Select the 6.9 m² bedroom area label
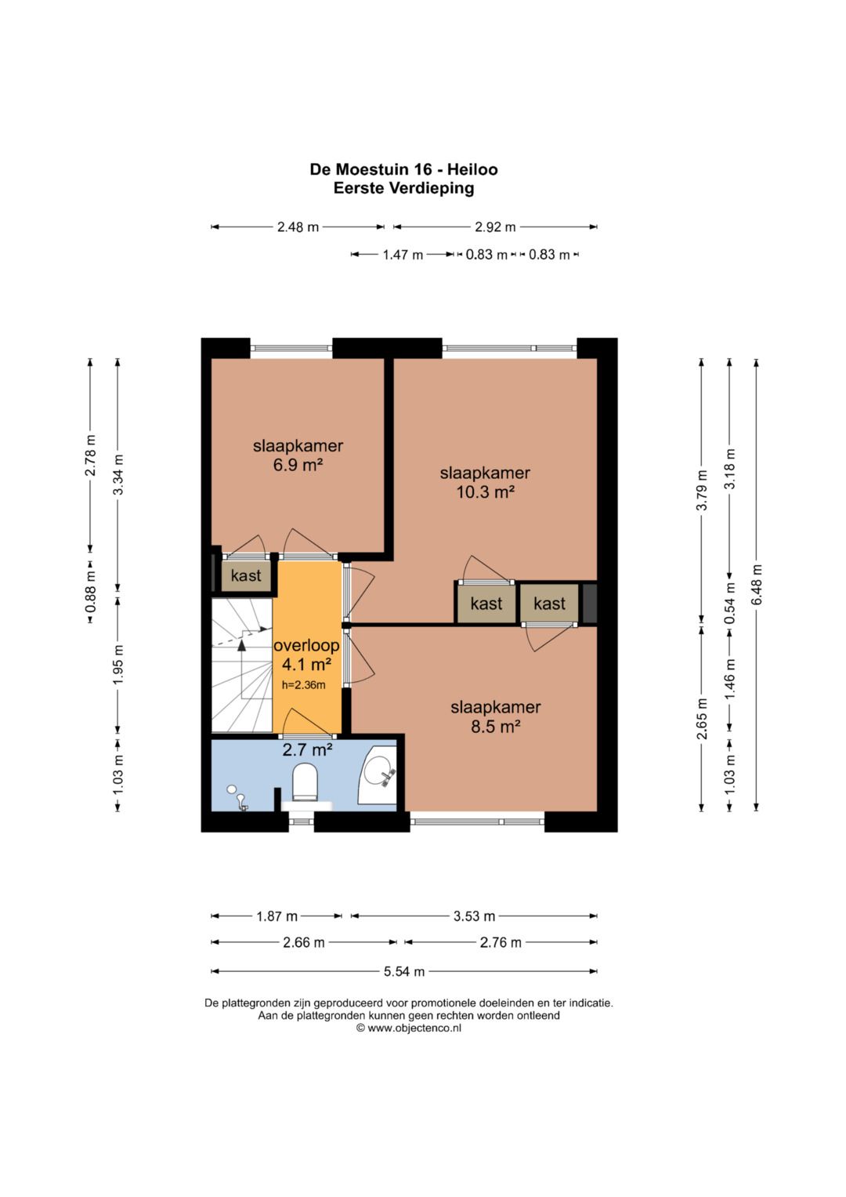pyautogui.click(x=298, y=464)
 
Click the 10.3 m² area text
pyautogui.click(x=485, y=491)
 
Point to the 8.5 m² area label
pyautogui.click(x=496, y=726)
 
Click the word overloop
pyautogui.click(x=306, y=645)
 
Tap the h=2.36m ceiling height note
pyautogui.click(x=303, y=684)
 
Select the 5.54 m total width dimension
pyautogui.click(x=403, y=971)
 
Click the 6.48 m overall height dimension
pyautogui.click(x=756, y=585)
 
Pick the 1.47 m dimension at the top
pyautogui.click(x=403, y=254)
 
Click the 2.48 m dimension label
pyautogui.click(x=298, y=227)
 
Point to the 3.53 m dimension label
pyautogui.click(x=474, y=916)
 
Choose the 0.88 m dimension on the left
pyautogui.click(x=91, y=592)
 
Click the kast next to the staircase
pyautogui.click(x=246, y=575)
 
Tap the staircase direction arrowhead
pyautogui.click(x=241, y=645)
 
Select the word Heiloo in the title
pyautogui.click(x=472, y=169)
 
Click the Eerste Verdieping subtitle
pyautogui.click(x=403, y=188)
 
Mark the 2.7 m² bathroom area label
pyautogui.click(x=308, y=749)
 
